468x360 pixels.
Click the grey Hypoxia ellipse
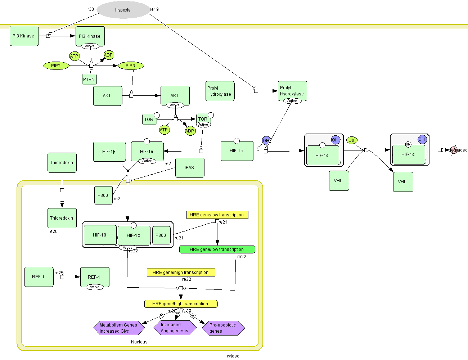click(123, 10)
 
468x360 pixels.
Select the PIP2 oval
click(56, 66)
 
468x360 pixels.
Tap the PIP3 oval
click(130, 66)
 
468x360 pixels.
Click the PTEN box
click(89, 80)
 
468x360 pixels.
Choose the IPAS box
click(190, 168)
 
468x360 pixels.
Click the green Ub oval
click(352, 140)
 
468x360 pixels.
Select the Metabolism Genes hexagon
click(119, 328)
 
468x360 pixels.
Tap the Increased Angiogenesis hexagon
click(175, 328)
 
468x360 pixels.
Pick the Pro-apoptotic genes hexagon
click(223, 328)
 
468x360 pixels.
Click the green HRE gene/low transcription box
click(217, 249)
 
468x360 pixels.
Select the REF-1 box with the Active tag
click(95, 277)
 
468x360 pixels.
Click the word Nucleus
click(139, 342)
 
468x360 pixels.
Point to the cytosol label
click(234, 356)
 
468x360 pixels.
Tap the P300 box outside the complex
click(103, 195)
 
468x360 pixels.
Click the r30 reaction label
click(91, 9)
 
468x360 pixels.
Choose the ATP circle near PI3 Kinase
click(74, 56)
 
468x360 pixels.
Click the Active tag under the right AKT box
click(175, 105)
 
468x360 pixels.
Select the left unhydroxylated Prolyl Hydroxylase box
click(220, 91)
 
